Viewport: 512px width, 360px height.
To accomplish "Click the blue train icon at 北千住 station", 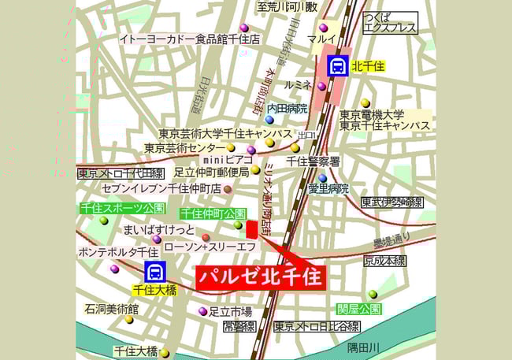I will pos(338,65).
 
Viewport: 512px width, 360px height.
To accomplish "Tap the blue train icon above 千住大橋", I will pos(156,273).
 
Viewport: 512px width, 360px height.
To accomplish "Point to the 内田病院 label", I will pos(287,108).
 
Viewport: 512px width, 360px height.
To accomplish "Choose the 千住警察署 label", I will pos(313,161).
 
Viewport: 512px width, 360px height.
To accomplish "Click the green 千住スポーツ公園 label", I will pos(122,209).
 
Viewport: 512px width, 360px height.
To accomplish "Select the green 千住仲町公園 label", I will pos(213,213).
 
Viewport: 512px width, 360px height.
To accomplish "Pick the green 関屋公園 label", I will pos(358,307).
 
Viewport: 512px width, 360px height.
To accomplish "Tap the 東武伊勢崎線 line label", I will pos(391,203).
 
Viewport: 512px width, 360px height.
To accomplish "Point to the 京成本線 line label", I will pos(384,261).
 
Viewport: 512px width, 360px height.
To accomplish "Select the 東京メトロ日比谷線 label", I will pos(317,326).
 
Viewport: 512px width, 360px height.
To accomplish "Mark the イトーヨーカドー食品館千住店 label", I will pos(190,38).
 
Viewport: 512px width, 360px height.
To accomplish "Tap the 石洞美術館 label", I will pos(112,310).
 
